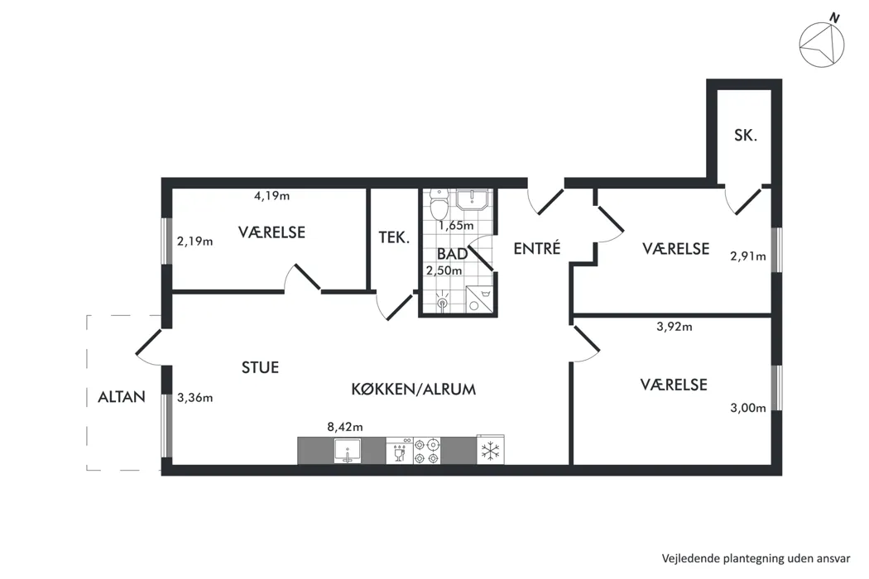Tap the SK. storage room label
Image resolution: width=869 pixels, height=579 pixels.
pyautogui.click(x=746, y=135)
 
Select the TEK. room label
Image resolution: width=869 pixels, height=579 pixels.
pyautogui.click(x=394, y=237)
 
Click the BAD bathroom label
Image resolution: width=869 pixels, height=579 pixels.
pyautogui.click(x=452, y=254)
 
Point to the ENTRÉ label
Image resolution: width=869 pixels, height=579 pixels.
pyautogui.click(x=537, y=248)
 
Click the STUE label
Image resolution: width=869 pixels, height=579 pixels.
pyautogui.click(x=260, y=367)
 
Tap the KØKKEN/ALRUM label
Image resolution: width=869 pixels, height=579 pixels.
pyautogui.click(x=414, y=389)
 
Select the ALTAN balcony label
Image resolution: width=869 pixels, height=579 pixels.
pyautogui.click(x=122, y=397)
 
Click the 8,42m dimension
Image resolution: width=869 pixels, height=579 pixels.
pyautogui.click(x=345, y=427)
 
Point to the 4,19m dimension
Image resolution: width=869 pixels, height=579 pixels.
pyautogui.click(x=271, y=195)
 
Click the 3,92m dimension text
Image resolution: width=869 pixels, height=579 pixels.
pyautogui.click(x=675, y=327)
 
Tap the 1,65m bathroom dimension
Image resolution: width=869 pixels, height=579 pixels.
pyautogui.click(x=456, y=226)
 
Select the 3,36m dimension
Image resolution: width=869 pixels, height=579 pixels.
pyautogui.click(x=195, y=397)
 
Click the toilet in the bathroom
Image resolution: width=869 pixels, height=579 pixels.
pyautogui.click(x=439, y=204)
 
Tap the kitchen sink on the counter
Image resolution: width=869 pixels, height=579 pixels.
pyautogui.click(x=348, y=451)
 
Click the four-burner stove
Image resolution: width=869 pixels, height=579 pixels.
pyautogui.click(x=427, y=451)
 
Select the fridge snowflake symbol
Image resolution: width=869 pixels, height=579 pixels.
pyautogui.click(x=491, y=451)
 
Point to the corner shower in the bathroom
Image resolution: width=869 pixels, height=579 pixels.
pyautogui.click(x=479, y=299)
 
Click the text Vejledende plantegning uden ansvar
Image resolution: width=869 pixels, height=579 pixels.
pyautogui.click(x=756, y=558)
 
